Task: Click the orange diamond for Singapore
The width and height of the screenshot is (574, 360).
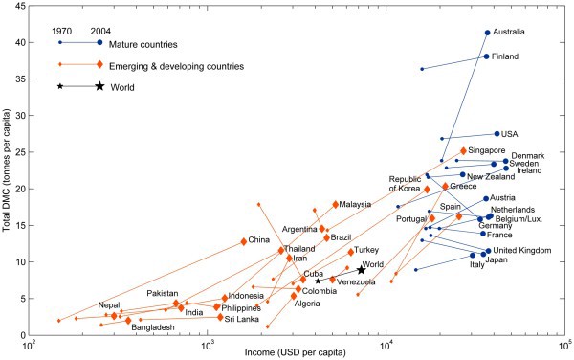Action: pos(463,151)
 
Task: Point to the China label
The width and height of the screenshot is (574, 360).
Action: pos(258,240)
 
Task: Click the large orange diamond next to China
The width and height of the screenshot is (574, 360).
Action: pos(244,241)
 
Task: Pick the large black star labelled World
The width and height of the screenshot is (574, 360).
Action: pos(361,271)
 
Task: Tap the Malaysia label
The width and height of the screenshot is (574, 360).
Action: pos(355,204)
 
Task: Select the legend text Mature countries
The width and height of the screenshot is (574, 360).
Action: pos(144,43)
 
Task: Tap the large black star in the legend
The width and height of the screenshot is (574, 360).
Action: pos(99,87)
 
